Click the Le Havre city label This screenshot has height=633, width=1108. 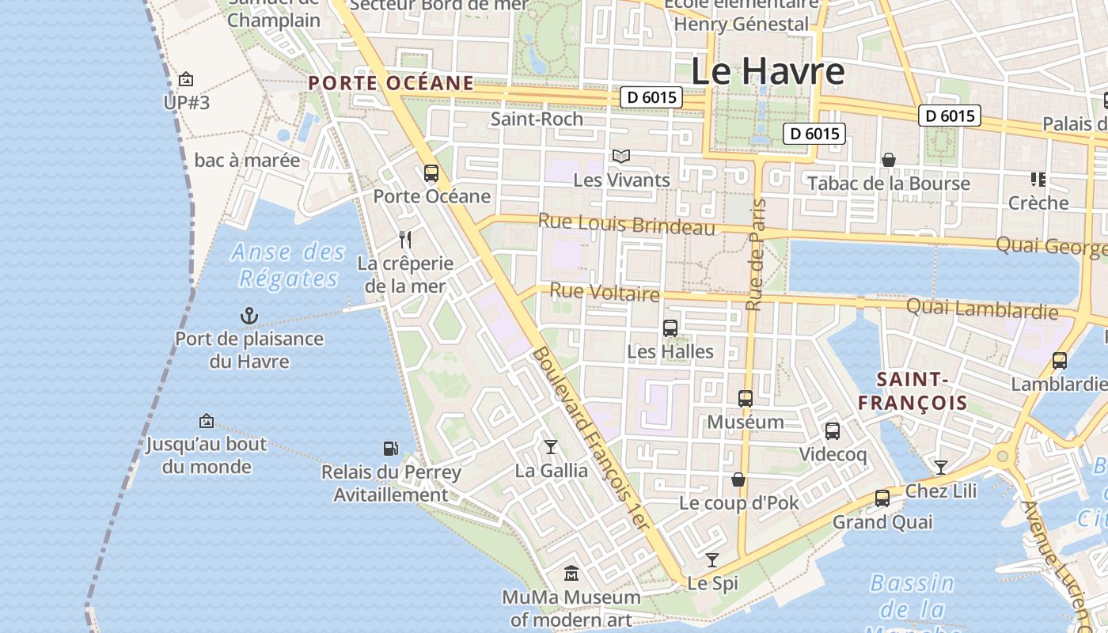pos(768,71)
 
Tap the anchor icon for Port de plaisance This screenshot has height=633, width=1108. pos(249,316)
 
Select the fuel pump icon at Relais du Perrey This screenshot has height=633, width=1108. pos(391,449)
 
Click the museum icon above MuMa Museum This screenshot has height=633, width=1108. pos(571,573)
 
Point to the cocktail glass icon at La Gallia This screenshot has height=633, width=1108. pos(551,447)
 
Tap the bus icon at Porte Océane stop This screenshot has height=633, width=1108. pos(431,172)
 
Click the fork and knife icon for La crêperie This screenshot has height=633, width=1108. pos(405,240)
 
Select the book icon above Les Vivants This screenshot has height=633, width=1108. pos(621,157)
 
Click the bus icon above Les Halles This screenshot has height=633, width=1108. pos(670,328)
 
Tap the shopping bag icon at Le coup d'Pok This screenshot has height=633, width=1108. pos(738,479)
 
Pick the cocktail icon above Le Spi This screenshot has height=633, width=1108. pos(712,560)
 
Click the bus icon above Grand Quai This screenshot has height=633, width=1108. pos(882,498)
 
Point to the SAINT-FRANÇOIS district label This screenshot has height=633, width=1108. pos(913,391)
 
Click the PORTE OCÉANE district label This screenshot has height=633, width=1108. pos(391,83)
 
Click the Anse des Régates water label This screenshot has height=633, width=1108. pos(289,265)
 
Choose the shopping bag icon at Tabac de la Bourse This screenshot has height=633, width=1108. pos(889,160)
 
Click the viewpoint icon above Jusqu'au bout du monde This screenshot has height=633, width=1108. pos(207,421)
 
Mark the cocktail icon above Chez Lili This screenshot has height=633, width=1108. pos(941,468)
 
